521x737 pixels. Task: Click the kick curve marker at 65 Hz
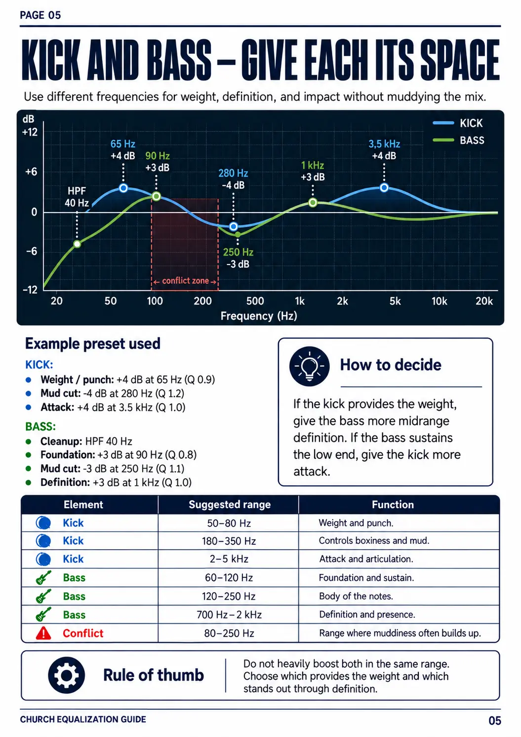tap(123, 188)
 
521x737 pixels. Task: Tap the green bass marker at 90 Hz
tap(157, 196)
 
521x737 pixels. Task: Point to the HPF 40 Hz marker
tap(77, 244)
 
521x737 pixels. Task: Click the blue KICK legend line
tap(443, 123)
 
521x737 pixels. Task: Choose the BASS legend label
tap(472, 140)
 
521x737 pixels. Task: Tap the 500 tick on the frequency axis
tap(255, 301)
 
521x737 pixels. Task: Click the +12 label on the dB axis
tap(30, 132)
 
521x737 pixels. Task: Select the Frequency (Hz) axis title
tap(259, 316)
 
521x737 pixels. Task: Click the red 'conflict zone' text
tap(185, 281)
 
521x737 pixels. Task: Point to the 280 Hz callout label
tap(234, 173)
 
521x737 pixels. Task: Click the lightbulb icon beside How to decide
tap(309, 366)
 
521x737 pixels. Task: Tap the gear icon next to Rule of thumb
tap(66, 675)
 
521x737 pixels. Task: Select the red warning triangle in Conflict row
tap(43, 633)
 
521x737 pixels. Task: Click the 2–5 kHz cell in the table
tap(229, 559)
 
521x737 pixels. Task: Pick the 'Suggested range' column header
tap(230, 504)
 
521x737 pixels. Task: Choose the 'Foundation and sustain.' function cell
tap(366, 577)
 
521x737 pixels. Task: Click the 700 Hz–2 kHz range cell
tap(229, 614)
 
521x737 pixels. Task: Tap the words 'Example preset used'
tap(93, 344)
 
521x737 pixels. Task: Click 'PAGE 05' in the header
tap(40, 15)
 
